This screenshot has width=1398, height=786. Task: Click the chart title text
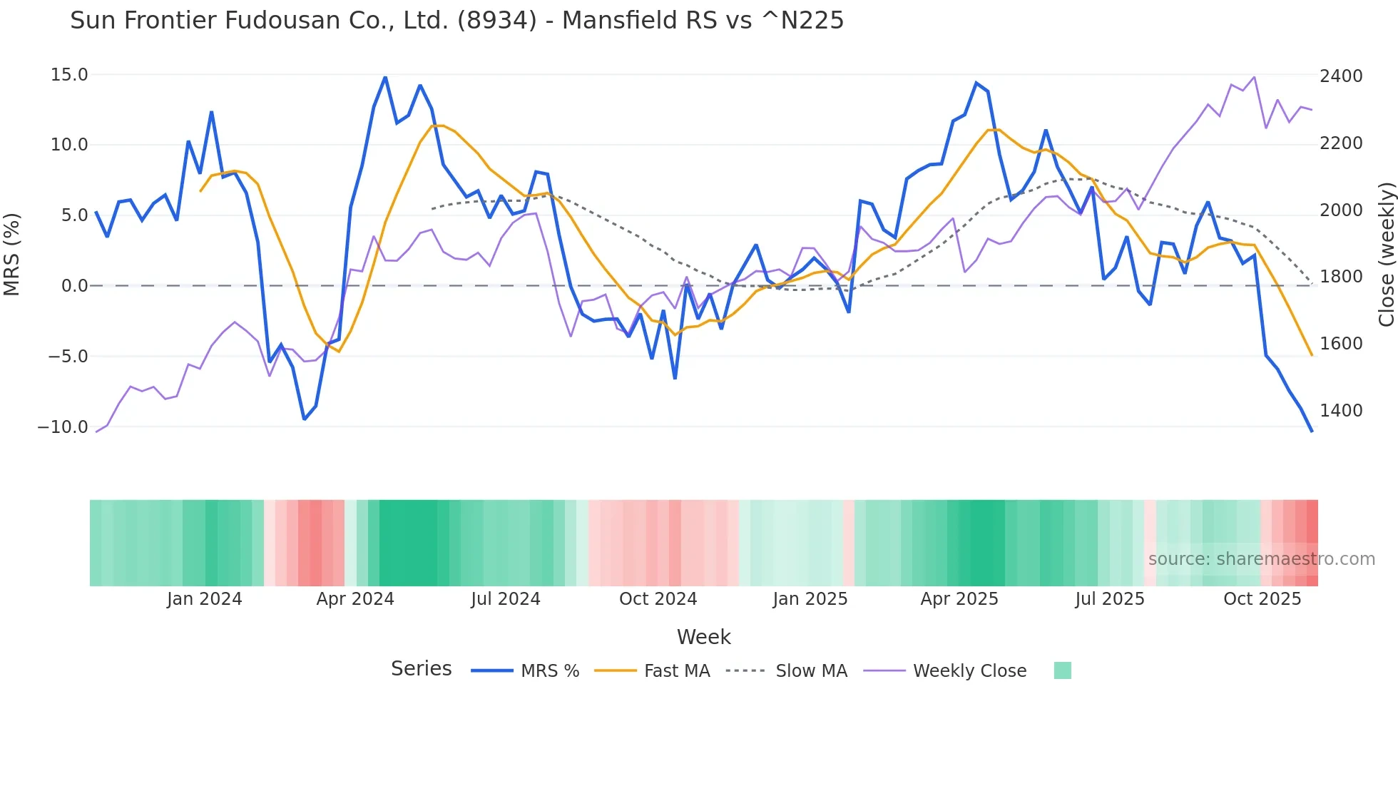456,21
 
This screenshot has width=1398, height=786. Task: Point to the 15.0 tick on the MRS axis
69,75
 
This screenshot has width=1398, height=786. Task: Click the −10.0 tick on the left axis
63,427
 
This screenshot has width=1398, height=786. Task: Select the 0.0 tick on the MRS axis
74,286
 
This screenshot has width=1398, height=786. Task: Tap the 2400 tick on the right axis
1341,76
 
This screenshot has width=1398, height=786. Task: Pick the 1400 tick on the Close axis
1341,411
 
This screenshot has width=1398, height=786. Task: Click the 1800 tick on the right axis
1341,277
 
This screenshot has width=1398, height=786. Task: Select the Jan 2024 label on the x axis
205,599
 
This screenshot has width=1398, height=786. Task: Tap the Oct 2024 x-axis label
658,599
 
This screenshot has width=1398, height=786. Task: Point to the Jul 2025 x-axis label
1110,599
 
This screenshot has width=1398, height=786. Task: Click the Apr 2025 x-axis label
959,599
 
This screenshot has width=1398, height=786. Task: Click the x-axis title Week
703,637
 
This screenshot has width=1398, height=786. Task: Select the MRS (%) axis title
12,254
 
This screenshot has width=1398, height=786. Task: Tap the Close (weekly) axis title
1386,255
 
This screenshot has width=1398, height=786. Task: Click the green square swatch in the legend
1062,670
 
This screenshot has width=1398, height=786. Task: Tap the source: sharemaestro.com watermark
1261,559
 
